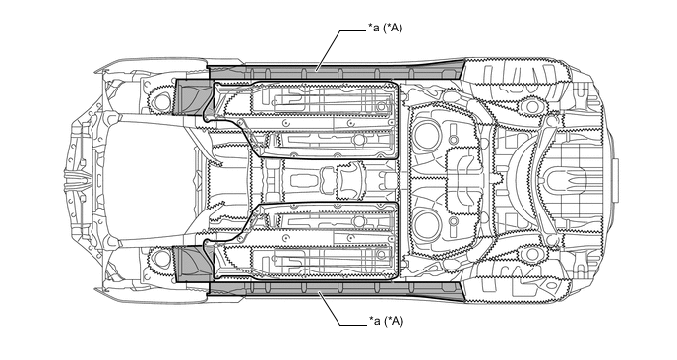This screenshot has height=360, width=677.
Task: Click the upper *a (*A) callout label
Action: (385, 29)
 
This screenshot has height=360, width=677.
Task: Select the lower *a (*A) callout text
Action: (386, 322)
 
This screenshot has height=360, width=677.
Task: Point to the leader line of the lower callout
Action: (341, 308)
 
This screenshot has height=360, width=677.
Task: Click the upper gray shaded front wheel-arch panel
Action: (193, 97)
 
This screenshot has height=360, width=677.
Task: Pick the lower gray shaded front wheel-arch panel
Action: (193, 264)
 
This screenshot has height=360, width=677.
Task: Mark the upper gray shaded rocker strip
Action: (336, 71)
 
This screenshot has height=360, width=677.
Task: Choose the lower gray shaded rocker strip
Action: (336, 290)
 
